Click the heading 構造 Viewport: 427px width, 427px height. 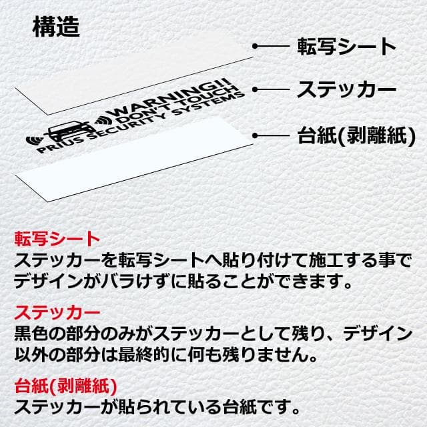[x=56, y=27]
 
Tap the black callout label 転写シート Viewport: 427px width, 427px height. [x=346, y=47]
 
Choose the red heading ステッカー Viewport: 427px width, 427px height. [x=57, y=312]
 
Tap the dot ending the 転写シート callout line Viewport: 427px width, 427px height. [x=256, y=47]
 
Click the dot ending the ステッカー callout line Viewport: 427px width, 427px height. [x=256, y=89]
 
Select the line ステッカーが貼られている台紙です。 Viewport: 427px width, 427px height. [x=157, y=404]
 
